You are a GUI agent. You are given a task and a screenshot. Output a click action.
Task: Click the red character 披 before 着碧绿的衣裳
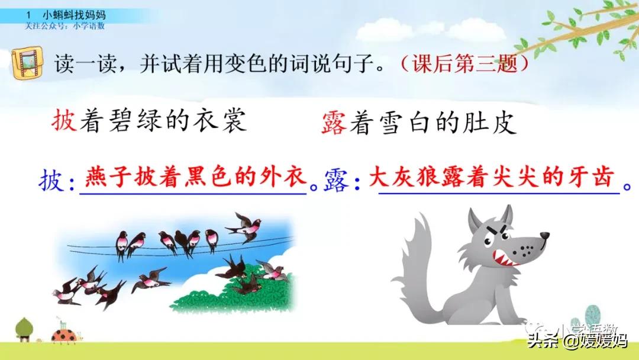click(x=64, y=123)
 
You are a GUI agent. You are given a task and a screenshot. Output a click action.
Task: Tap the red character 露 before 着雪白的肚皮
click(x=333, y=124)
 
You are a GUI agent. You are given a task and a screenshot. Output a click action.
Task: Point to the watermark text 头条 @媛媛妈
click(x=577, y=340)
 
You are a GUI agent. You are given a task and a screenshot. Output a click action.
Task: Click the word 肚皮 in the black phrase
click(x=493, y=124)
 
